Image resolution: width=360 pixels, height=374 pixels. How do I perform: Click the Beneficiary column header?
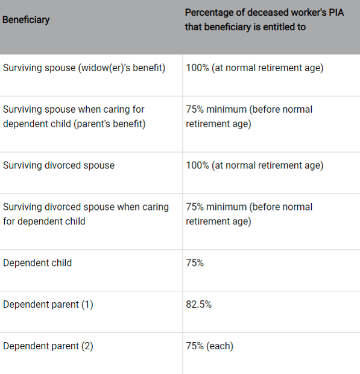click(26, 20)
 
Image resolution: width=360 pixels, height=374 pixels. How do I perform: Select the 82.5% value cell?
click(198, 305)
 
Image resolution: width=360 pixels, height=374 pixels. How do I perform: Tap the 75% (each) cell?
click(210, 346)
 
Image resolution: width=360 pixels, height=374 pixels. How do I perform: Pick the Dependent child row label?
click(37, 263)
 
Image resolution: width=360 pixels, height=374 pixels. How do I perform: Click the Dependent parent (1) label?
click(48, 305)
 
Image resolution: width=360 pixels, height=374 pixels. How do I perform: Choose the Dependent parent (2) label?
click(48, 346)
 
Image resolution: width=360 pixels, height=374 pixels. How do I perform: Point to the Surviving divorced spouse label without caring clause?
click(58, 165)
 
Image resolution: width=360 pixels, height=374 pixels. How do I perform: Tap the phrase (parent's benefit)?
click(110, 124)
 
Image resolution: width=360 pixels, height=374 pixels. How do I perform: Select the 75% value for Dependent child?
click(195, 263)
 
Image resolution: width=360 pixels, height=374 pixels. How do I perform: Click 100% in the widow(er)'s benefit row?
click(197, 68)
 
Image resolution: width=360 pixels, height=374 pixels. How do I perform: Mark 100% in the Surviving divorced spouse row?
click(197, 165)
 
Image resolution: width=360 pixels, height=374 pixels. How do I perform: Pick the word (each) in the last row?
click(220, 346)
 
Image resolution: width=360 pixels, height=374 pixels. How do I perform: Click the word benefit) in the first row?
click(149, 68)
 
